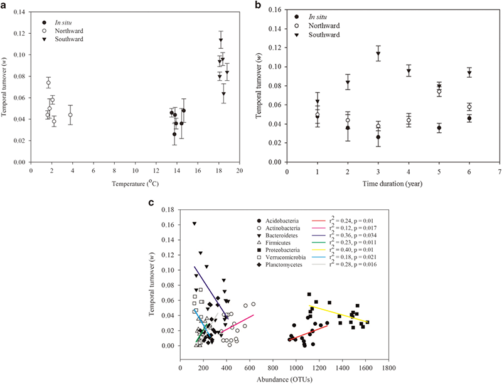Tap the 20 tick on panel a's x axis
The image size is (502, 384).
click(x=239, y=171)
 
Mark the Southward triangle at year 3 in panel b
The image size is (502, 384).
click(x=378, y=54)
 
